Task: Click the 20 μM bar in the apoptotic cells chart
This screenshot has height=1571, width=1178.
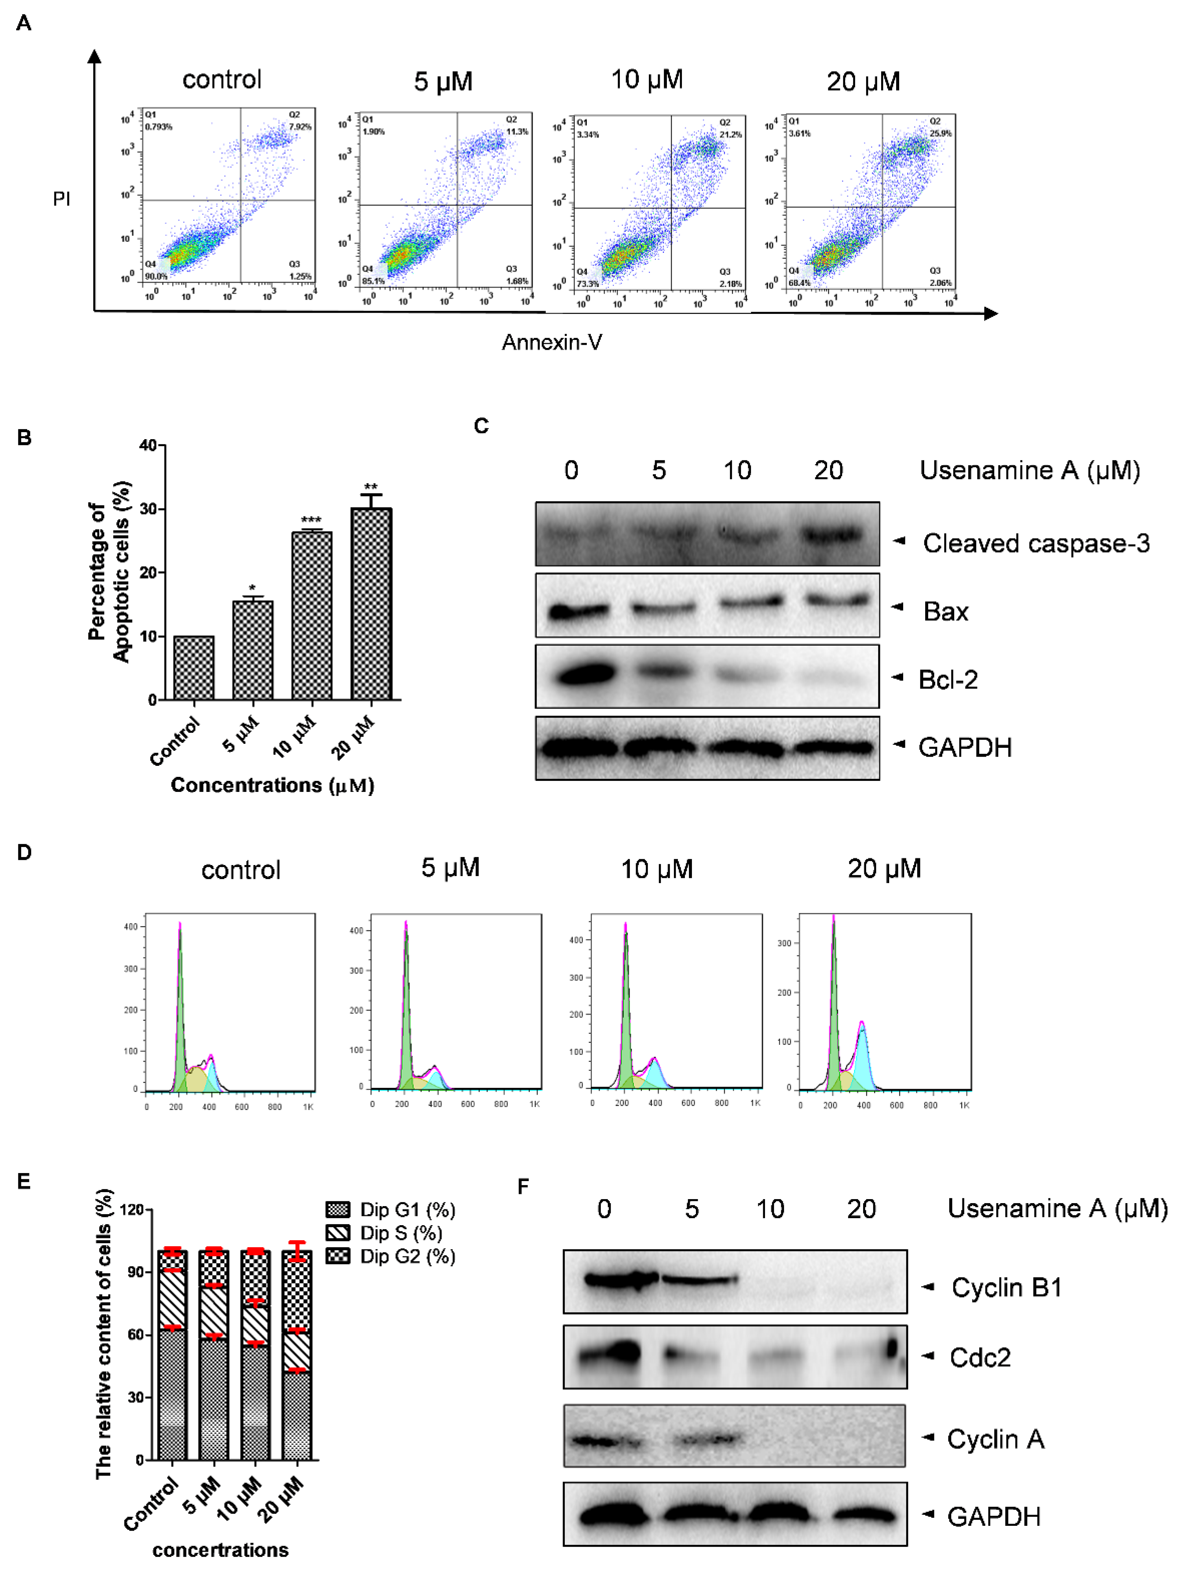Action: tap(371, 604)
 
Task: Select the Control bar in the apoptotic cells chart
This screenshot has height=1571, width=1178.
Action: tap(194, 668)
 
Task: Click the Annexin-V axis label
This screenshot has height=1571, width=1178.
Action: tap(552, 342)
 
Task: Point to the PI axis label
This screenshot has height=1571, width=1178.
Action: tap(62, 199)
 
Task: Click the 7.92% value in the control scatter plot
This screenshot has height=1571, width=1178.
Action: tap(300, 126)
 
